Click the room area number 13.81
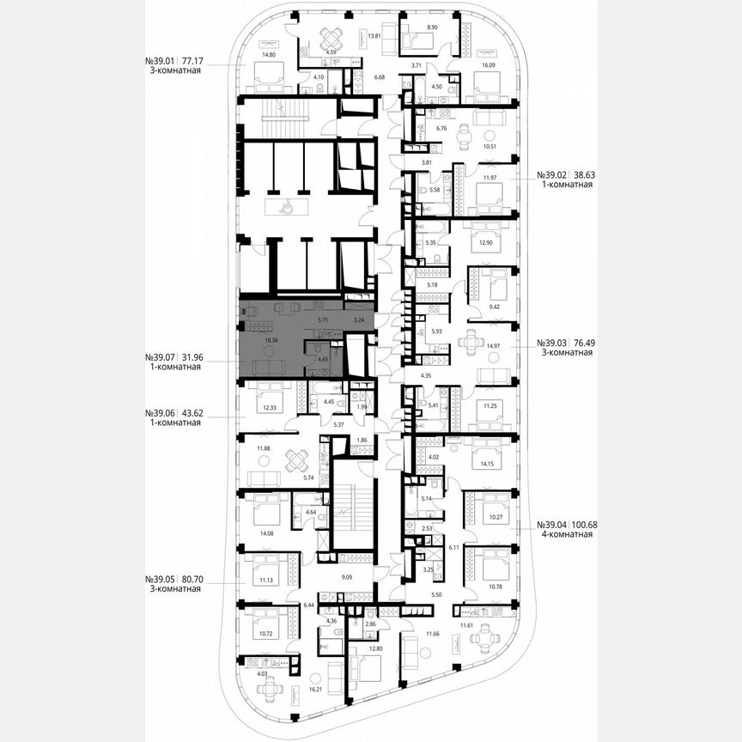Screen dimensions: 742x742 pos(374,36)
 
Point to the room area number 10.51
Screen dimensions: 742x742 pos(491,146)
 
